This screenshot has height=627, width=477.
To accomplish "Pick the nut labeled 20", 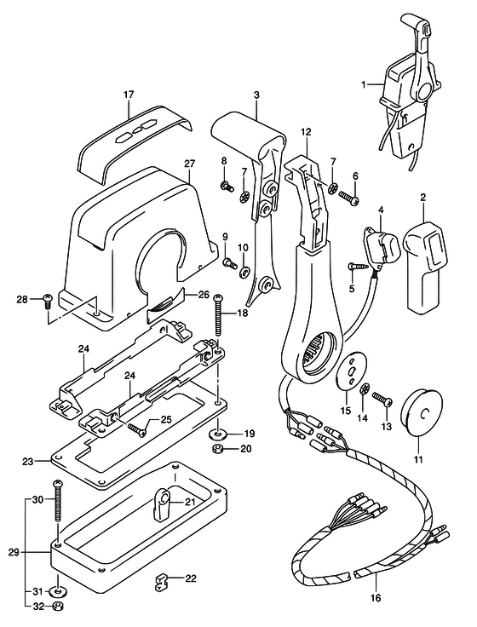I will coord(219,448).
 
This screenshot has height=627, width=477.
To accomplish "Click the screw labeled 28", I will coord(48,299).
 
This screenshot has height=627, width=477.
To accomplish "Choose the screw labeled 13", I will coord(380,400).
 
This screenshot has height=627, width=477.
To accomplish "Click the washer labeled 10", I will coord(245,273).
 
